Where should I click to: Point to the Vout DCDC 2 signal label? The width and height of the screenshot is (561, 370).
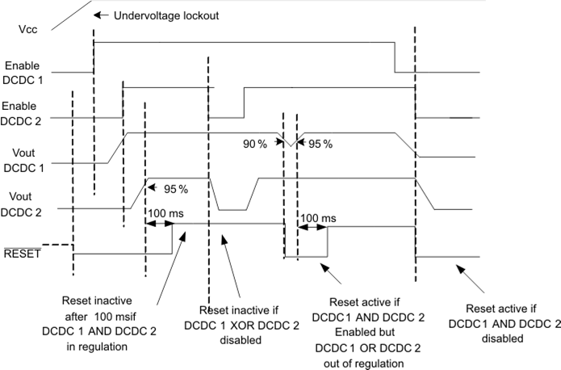tap(24, 204)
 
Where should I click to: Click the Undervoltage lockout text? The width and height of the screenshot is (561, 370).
tap(154, 15)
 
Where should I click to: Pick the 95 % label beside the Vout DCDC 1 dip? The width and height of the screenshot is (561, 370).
tap(320, 143)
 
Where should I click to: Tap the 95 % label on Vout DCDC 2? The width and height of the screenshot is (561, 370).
tap(175, 189)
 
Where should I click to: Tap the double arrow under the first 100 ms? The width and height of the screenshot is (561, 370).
tap(160, 225)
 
